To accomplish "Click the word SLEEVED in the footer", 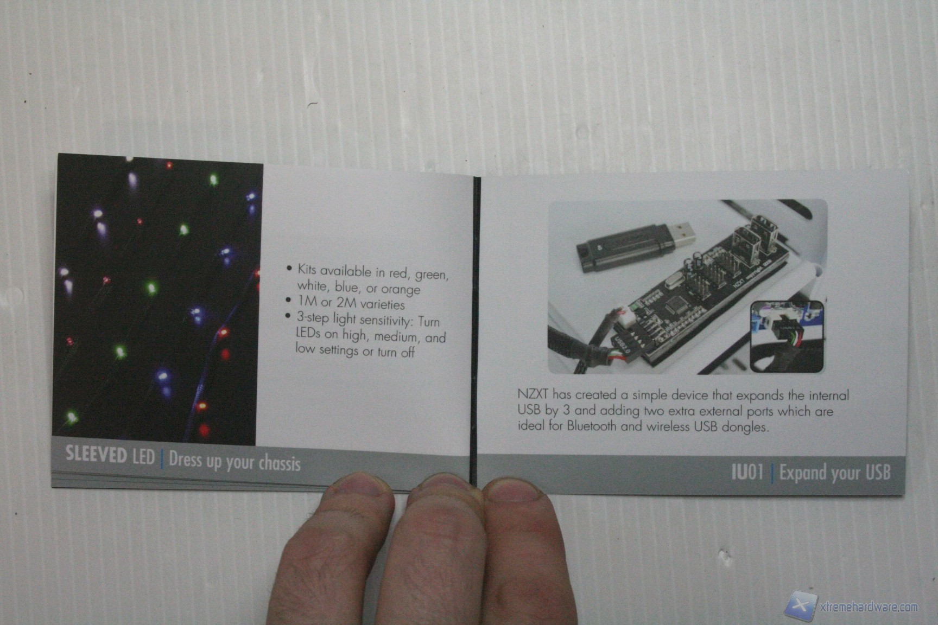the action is [96, 454].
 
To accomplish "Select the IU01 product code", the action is [747, 471].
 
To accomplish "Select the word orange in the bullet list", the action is [401, 289].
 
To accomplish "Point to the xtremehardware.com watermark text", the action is [868, 607].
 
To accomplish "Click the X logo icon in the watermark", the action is [800, 606].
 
